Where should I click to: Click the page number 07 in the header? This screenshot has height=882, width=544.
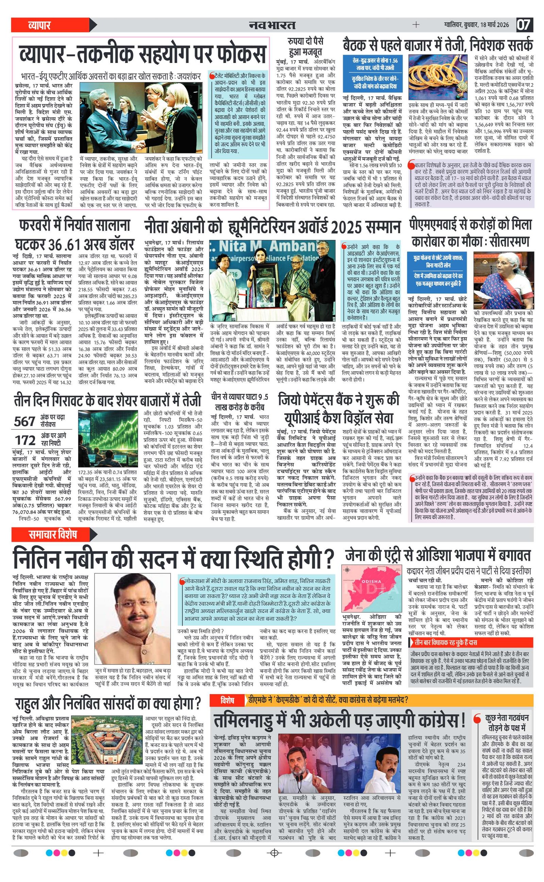[524, 25]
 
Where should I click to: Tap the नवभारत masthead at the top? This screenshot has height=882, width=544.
[272, 25]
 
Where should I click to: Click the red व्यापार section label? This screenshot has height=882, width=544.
[39, 25]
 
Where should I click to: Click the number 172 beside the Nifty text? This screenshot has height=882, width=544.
[25, 440]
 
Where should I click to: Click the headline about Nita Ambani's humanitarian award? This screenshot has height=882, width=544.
[272, 228]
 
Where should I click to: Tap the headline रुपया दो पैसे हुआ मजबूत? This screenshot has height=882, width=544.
[305, 46]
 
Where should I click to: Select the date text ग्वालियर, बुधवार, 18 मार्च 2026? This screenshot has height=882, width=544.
[476, 25]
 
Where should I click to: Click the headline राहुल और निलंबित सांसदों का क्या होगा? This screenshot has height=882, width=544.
[108, 702]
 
